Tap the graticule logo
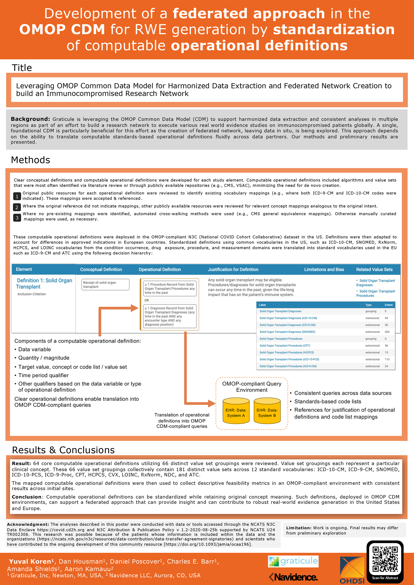pos(293,561)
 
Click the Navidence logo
pos(293,577)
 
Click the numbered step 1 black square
pos(17,196)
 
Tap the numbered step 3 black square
pos(17,218)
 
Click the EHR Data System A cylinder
pos(236,411)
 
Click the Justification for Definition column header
pos(233,269)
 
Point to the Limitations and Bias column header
pos(324,269)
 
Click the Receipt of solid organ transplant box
pos(105,285)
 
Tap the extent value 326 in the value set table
pos(387,332)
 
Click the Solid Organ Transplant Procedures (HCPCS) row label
pos(287,352)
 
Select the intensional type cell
pos(372,318)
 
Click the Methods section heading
pos(31,160)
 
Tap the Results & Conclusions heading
pos(63,450)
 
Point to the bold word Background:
pos(30,119)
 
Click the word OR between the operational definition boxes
pos(147,300)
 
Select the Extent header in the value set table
pos(388,305)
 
